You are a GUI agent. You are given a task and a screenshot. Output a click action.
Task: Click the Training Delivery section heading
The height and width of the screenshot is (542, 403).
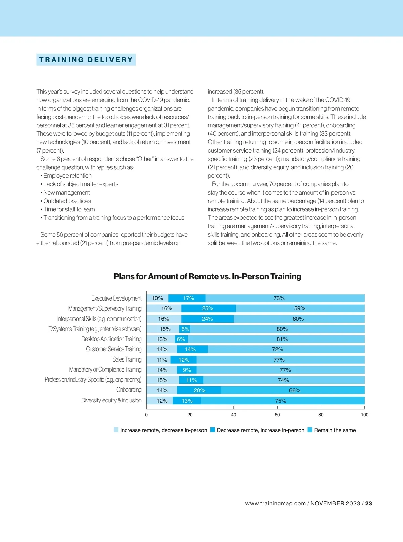[x=86, y=60]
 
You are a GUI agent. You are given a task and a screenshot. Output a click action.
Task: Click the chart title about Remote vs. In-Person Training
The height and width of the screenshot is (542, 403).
[x=207, y=277]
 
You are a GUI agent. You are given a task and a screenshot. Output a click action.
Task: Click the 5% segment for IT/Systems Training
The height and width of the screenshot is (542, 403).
[x=185, y=329]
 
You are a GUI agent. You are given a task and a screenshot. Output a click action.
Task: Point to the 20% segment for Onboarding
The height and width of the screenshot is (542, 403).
[x=199, y=390]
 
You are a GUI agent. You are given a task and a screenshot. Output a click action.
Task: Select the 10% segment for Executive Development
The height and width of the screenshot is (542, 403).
[x=157, y=298]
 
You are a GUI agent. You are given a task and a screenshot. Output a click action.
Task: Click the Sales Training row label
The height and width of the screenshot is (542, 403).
[x=127, y=360]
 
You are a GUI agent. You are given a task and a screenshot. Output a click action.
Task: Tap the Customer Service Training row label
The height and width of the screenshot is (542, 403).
[x=114, y=349]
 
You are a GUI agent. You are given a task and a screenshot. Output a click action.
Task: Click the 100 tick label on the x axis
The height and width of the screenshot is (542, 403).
[x=364, y=415]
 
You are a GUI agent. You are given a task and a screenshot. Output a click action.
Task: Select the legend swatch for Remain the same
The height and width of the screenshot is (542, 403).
[x=310, y=430]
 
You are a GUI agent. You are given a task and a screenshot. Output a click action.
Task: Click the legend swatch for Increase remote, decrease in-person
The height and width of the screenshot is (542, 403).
[x=116, y=430]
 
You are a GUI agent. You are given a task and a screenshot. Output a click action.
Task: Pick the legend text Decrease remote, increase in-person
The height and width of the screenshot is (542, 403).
[x=260, y=430]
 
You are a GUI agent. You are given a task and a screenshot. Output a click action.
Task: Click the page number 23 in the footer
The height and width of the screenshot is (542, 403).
[x=368, y=503]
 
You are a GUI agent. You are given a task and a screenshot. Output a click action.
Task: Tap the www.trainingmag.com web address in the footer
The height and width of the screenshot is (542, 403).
[x=275, y=503]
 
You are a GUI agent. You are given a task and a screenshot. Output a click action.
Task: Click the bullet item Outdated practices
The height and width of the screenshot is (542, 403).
[x=67, y=201]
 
